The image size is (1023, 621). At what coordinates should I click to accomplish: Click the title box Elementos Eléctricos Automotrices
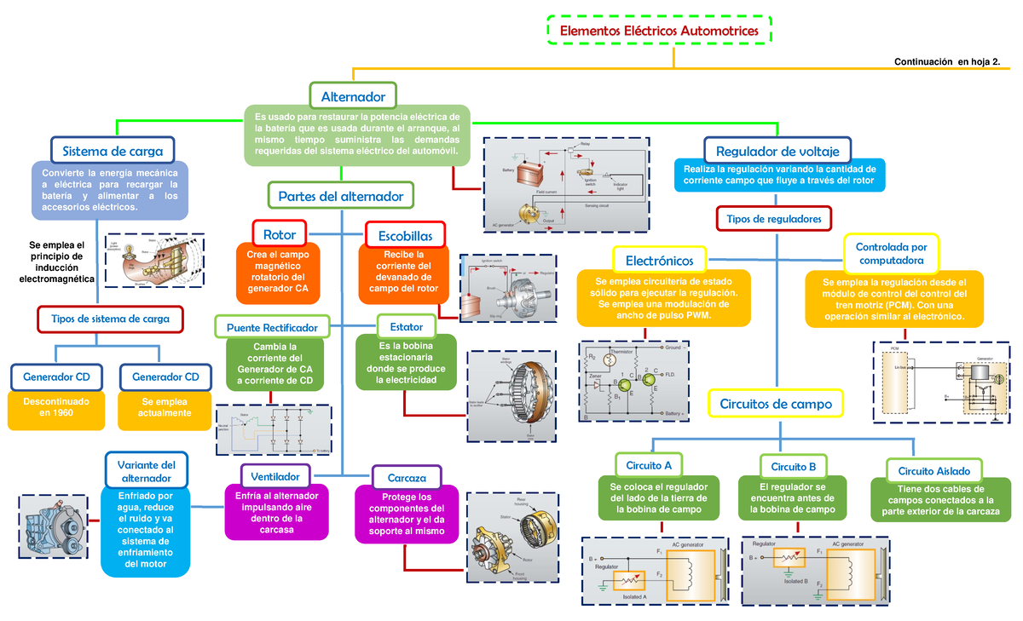(x=658, y=31)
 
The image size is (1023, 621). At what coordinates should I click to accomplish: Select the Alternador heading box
(x=353, y=97)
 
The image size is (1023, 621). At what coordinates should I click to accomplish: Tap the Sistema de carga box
(x=113, y=151)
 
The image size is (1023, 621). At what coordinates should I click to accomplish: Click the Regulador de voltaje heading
(x=777, y=151)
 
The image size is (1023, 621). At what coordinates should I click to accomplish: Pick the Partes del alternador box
(x=340, y=197)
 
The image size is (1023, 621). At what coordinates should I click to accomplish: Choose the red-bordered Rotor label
(x=280, y=234)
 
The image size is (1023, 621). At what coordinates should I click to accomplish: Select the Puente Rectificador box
(x=272, y=327)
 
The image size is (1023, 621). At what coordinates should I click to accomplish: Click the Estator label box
(x=406, y=326)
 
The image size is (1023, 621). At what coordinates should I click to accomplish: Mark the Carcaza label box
(x=406, y=478)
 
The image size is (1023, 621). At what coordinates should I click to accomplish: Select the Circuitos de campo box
(x=776, y=403)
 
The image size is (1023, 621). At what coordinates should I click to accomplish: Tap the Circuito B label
(x=794, y=466)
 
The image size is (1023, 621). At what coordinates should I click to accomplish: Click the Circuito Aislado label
(x=934, y=471)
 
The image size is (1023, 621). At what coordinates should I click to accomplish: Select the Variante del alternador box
(x=146, y=471)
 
